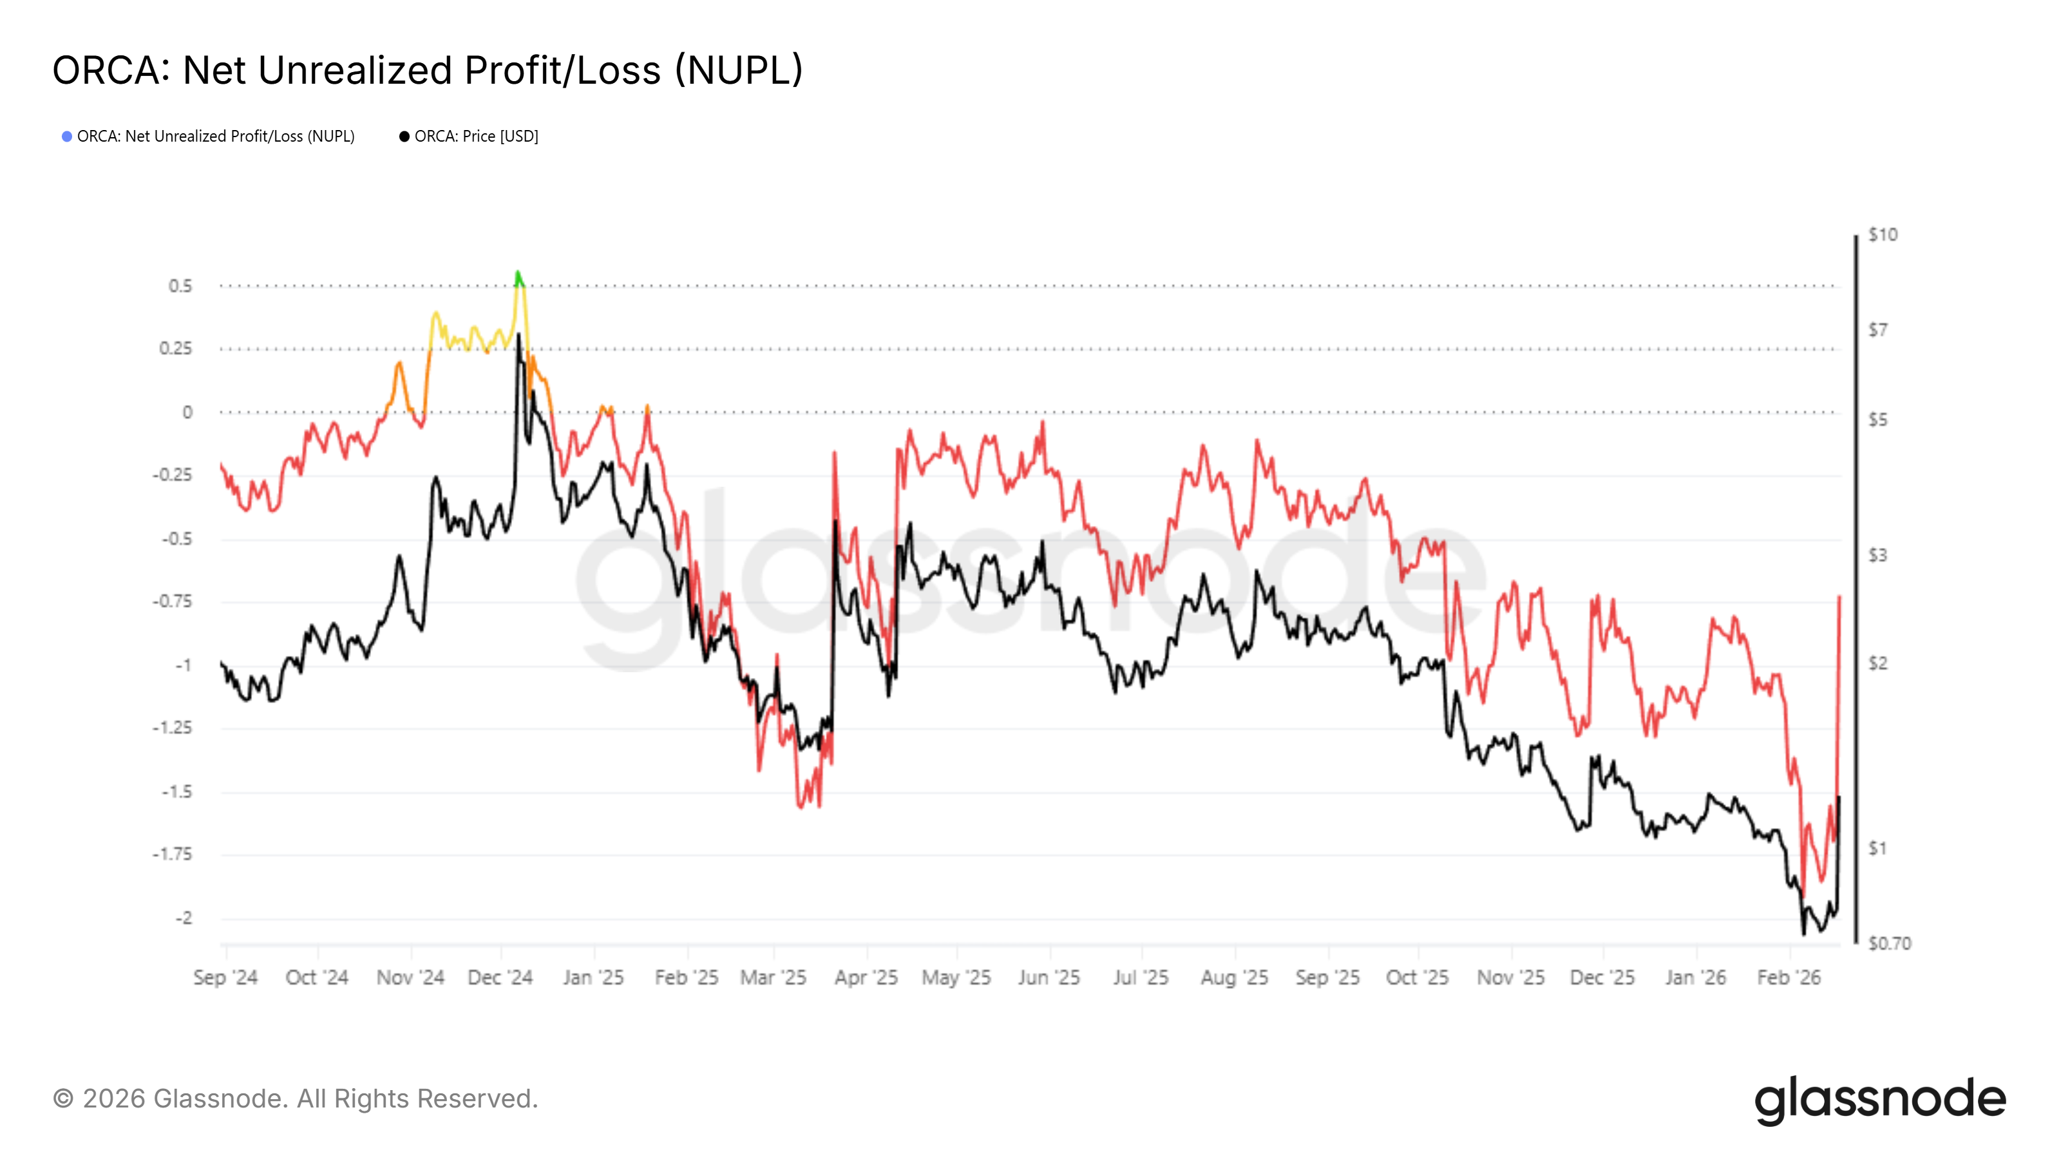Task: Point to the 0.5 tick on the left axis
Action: tap(180, 285)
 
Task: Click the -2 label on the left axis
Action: tap(184, 918)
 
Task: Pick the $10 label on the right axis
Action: tap(1882, 234)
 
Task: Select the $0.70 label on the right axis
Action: tap(1889, 943)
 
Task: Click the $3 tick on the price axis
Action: tap(1877, 554)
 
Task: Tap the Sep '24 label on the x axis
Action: tap(225, 977)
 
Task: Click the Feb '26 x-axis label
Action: tap(1788, 977)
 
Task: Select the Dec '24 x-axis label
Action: tap(500, 977)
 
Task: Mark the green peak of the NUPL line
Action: tap(518, 276)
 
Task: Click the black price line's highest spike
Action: tap(518, 336)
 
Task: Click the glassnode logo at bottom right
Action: tap(1879, 1100)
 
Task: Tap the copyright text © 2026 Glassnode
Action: tap(295, 1098)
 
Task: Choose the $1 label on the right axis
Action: tap(1877, 848)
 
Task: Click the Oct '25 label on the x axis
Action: tap(1417, 977)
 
